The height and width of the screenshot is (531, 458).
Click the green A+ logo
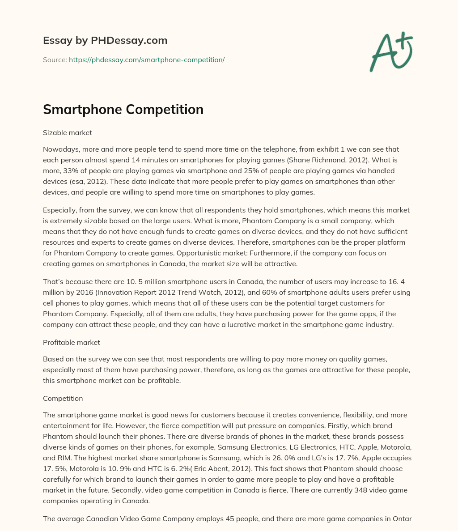click(391, 51)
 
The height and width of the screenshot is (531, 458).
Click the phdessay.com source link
click(146, 59)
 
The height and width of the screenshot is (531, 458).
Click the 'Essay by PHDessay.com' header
click(105, 40)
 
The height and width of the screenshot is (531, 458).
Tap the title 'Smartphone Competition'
click(123, 110)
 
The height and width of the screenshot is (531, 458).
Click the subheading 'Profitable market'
click(71, 342)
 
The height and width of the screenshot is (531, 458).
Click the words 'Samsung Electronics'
click(219, 447)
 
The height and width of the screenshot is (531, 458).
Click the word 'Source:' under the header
click(55, 59)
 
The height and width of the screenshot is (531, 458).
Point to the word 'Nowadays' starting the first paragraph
click(60, 149)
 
